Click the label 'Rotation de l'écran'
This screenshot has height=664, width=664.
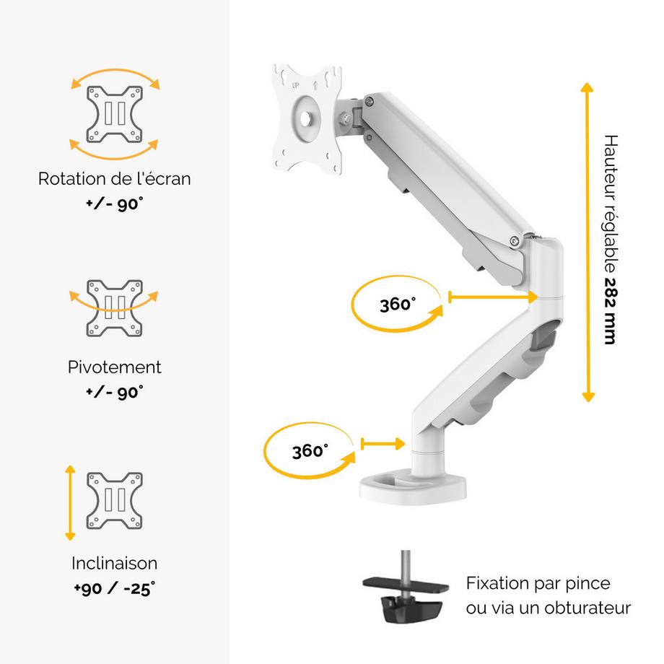tap(114, 179)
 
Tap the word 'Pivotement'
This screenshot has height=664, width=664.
tap(114, 367)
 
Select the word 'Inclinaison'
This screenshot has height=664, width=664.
tap(114, 563)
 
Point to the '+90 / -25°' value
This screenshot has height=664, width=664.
tap(114, 589)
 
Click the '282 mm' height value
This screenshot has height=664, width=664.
tap(610, 311)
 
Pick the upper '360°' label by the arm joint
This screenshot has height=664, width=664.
tap(398, 304)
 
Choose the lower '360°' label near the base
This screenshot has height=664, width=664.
tap(310, 450)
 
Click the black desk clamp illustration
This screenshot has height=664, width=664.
tap(406, 589)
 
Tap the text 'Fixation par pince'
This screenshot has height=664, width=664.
tap(538, 583)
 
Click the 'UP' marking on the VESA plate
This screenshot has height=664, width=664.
tap(295, 85)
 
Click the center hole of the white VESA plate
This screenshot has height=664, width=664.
tap(306, 119)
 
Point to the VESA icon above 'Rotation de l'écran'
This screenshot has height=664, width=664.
tap(114, 114)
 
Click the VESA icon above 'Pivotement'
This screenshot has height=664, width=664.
tap(114, 308)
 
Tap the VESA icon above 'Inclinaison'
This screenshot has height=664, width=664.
tap(114, 501)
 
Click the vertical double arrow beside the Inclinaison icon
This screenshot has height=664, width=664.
tap(70, 502)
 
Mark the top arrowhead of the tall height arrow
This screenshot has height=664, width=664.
tap(587, 87)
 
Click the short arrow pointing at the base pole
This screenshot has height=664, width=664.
tap(383, 444)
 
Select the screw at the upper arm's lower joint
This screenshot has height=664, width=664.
tap(515, 241)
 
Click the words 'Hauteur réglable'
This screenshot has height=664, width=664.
tap(610, 204)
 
